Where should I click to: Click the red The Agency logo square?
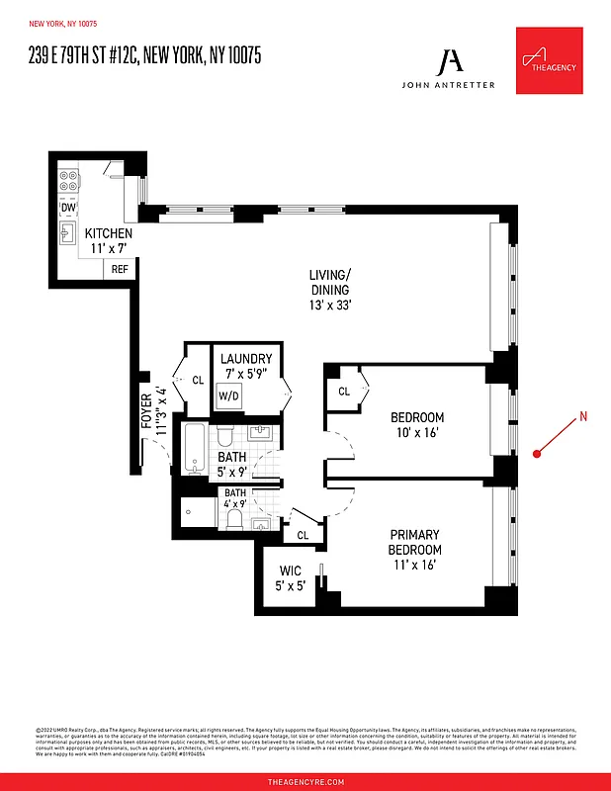[x=549, y=60]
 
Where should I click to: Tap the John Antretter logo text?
[x=450, y=85]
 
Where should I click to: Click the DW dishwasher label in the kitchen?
[x=68, y=208]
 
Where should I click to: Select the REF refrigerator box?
[x=120, y=269]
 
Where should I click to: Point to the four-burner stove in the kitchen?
[x=69, y=182]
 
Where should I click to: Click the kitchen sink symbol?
[x=69, y=233]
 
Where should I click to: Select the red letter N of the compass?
[x=583, y=416]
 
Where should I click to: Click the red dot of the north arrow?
[x=537, y=454]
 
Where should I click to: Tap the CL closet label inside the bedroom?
[x=344, y=392]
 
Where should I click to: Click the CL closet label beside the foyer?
[x=197, y=380]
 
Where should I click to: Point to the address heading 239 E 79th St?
[x=144, y=56]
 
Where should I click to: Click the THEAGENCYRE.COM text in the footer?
[x=305, y=781]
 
